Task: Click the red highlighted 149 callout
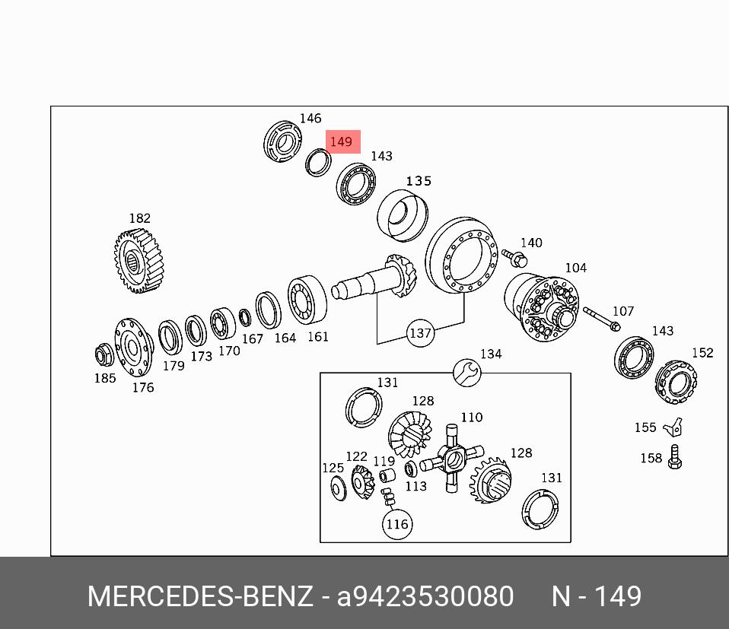342,142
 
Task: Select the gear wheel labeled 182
139,261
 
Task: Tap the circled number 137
420,333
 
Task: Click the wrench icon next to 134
466,371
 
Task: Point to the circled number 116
396,524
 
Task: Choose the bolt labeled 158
673,458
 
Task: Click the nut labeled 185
103,354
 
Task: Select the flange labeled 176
134,349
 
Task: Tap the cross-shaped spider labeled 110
452,459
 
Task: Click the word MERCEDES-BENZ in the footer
199,596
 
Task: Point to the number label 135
419,181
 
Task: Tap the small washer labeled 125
337,488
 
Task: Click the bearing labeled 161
306,301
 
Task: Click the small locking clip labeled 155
672,428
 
